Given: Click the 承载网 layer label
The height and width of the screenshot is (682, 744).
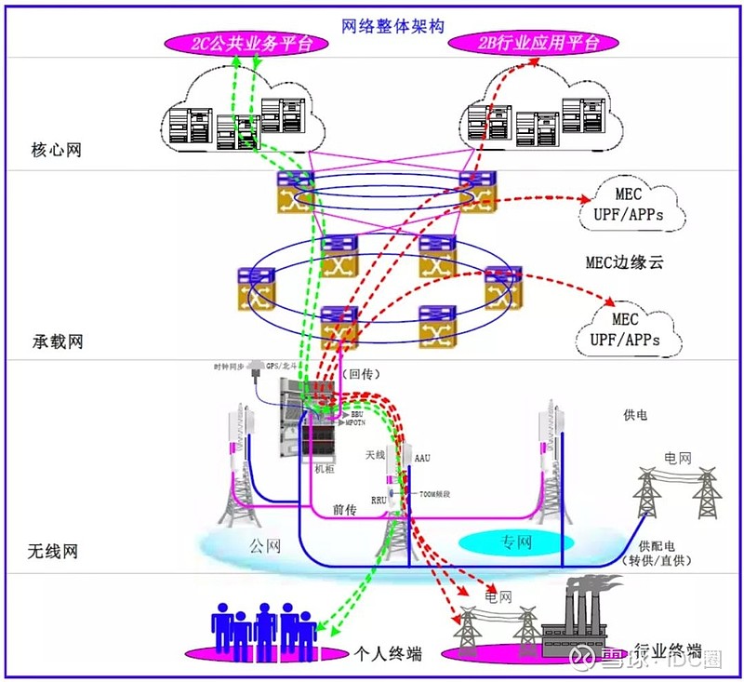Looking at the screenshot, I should tap(57, 341).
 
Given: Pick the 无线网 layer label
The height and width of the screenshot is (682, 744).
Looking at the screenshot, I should tap(52, 552).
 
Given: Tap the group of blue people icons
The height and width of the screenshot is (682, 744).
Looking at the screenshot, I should tap(264, 628).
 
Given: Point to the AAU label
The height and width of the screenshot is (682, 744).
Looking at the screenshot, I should tap(423, 459).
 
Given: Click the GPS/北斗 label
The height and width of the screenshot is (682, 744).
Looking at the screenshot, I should tap(283, 367).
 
